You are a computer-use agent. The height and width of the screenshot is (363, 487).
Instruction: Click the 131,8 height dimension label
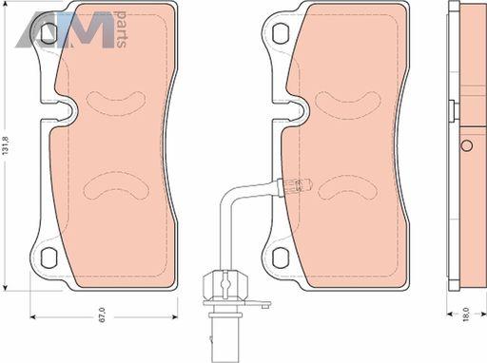pyautogui.click(x=6, y=145)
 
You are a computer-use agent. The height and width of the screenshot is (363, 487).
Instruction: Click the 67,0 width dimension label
pyautogui.click(x=102, y=315)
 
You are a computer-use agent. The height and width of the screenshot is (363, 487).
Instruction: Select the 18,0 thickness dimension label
pyautogui.click(x=465, y=315)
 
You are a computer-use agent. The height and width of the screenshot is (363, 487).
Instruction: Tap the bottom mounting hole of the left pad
pyautogui.click(x=49, y=258)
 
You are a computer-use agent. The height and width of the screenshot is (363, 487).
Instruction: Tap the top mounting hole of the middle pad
pyautogui.click(x=281, y=32)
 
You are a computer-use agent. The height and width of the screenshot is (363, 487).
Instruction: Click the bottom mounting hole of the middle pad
pyautogui.click(x=281, y=258)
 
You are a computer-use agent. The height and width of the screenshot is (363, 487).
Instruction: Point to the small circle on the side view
pyautogui.click(x=466, y=145)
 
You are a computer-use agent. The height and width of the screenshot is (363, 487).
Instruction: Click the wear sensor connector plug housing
pyautogui.click(x=224, y=285)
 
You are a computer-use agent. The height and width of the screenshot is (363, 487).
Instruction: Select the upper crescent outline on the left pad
pyautogui.click(x=116, y=103)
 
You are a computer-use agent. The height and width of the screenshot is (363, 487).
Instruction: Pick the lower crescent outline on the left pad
pyautogui.click(x=116, y=185)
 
